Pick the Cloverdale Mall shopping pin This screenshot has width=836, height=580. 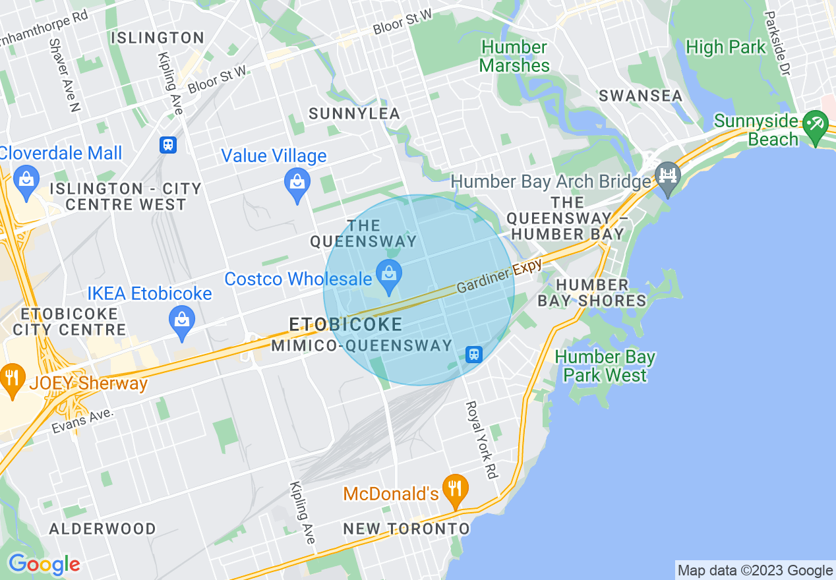pos(26,183)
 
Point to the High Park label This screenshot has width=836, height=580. pos(726,47)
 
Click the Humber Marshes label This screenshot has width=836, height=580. pos(514,57)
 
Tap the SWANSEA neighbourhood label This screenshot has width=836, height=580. pos(640,96)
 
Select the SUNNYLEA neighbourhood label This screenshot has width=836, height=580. pos(354,114)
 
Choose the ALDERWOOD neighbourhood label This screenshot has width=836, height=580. pos(103,529)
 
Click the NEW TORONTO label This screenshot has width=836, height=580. pos(406,529)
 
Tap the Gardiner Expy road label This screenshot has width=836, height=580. pos(499,276)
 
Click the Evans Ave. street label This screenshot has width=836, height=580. pos(82,420)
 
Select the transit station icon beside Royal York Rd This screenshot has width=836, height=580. pos(473,355)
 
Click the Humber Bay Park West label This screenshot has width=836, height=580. pos(605,366)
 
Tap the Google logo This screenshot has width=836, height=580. pos(44,564)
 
